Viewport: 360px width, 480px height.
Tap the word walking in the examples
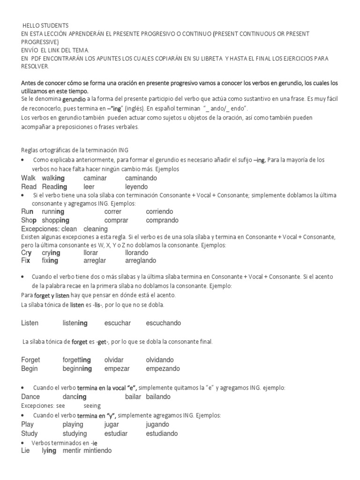[x=53, y=178]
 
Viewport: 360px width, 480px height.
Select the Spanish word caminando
[x=141, y=178]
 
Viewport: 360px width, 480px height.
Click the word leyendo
[x=136, y=187]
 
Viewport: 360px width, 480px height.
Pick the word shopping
[x=55, y=220]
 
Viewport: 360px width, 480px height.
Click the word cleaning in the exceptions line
[x=95, y=229]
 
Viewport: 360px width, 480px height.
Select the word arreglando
[x=141, y=261]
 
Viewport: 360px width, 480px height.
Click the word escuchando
[x=163, y=323]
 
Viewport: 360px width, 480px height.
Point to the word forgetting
[x=77, y=360]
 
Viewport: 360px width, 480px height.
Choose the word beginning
[x=77, y=368]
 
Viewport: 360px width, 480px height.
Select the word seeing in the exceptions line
[x=92, y=405]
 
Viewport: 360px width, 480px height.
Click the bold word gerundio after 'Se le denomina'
[x=74, y=100]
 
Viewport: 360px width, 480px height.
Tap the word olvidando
[x=160, y=360]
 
